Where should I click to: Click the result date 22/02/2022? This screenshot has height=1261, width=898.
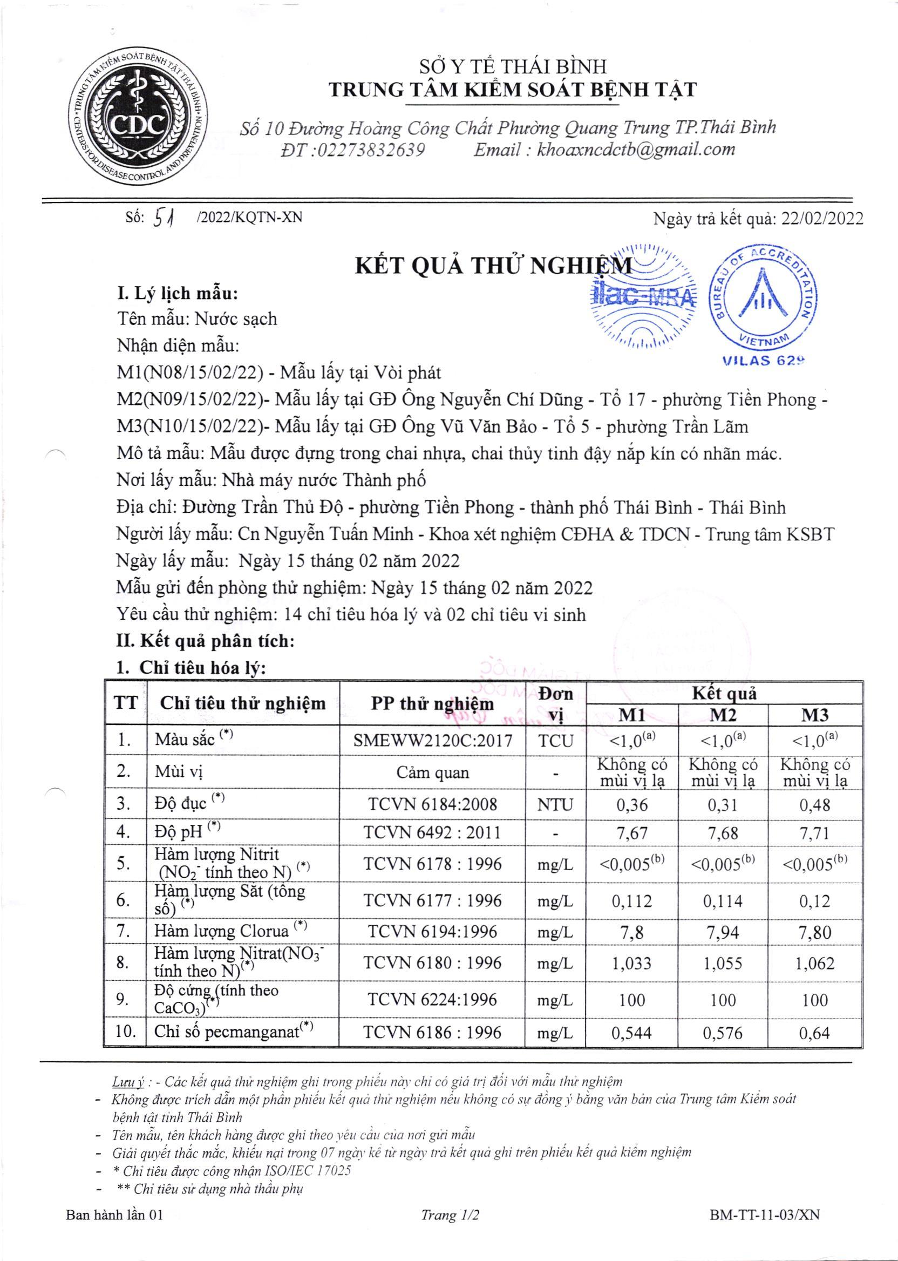pyautogui.click(x=822, y=219)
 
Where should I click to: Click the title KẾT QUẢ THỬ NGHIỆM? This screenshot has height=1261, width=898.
pyautogui.click(x=493, y=267)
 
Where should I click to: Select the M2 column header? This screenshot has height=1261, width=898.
pyautogui.click(x=723, y=715)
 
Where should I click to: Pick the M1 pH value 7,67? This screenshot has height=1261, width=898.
pyautogui.click(x=632, y=833)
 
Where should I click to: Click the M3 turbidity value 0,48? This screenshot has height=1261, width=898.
pyautogui.click(x=814, y=804)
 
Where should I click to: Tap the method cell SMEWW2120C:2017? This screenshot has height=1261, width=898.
pyautogui.click(x=433, y=740)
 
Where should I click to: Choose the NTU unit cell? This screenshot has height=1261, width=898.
pyautogui.click(x=555, y=804)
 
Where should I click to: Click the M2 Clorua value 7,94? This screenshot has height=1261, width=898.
pyautogui.click(x=723, y=932)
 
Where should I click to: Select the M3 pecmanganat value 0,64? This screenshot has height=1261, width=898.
pyautogui.click(x=814, y=1033)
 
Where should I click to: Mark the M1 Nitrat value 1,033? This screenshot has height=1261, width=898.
pyautogui.click(x=632, y=964)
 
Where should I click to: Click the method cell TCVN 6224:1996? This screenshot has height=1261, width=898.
pyautogui.click(x=433, y=999)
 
